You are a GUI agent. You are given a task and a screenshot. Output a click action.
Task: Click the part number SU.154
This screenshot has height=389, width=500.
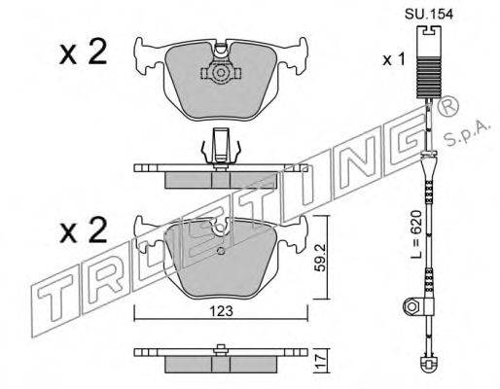pyautogui.click(x=428, y=15)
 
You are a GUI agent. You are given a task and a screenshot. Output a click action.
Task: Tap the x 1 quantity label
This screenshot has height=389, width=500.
pyautogui.click(x=394, y=59)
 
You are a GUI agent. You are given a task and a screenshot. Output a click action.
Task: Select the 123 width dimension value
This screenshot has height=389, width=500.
pyautogui.click(x=222, y=311)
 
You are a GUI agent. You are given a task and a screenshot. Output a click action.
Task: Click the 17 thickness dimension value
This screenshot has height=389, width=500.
pyautogui.click(x=321, y=360)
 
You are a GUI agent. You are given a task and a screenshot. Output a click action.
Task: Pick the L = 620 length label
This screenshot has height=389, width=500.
pyautogui.click(x=416, y=234)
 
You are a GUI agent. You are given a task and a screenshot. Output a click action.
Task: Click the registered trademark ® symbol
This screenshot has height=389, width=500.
pyautogui.click(x=448, y=106)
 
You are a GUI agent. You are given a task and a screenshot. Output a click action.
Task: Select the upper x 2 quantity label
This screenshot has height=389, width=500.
pyautogui.click(x=84, y=53)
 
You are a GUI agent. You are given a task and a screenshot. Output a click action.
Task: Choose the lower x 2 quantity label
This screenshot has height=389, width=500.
pyautogui.click(x=84, y=230)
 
